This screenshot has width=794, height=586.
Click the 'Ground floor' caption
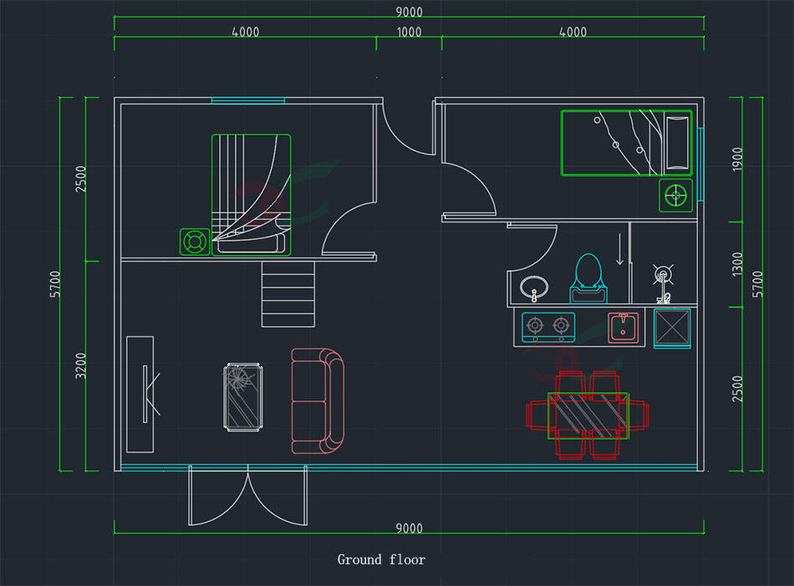point(381,559)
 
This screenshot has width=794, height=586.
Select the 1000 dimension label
point(409,33)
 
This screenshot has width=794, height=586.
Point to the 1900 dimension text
point(737,160)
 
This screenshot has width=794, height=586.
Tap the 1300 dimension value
point(737,264)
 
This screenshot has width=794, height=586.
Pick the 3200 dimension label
point(81,365)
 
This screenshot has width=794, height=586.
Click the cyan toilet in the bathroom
point(588,278)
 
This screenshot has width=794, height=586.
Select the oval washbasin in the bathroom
point(534,288)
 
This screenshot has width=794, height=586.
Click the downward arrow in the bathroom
point(619,250)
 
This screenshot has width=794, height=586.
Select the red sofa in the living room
point(318,401)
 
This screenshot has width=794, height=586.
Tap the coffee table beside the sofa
point(245,396)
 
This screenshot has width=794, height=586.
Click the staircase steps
point(289,294)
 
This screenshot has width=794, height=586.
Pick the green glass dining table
point(588,415)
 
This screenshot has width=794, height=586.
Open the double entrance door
point(248,497)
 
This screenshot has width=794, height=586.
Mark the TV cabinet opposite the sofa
point(140,394)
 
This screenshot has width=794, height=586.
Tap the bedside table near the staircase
point(195,242)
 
